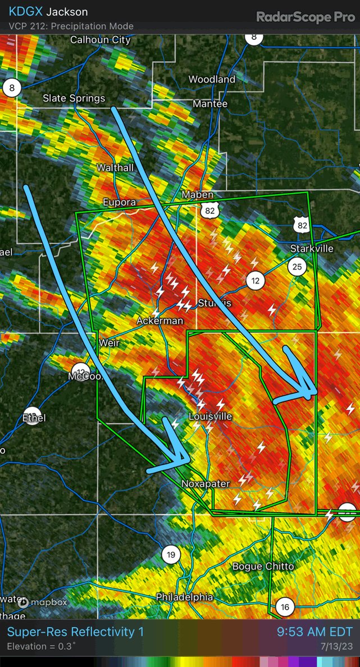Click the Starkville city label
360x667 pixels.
point(312,249)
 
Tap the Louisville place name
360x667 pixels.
point(210,417)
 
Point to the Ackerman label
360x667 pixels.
point(160,321)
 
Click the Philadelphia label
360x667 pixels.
point(184,597)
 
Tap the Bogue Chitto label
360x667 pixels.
point(263,566)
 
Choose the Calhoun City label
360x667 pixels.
point(100,40)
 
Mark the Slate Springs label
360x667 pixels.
point(74,98)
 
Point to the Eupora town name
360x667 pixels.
point(119,202)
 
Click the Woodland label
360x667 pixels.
point(212,79)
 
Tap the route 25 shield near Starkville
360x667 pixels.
point(297,266)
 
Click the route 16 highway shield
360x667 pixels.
point(285,607)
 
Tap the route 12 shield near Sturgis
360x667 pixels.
point(256,280)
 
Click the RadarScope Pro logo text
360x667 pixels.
point(306,17)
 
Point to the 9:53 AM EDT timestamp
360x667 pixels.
point(315,632)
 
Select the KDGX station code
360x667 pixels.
point(25,12)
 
